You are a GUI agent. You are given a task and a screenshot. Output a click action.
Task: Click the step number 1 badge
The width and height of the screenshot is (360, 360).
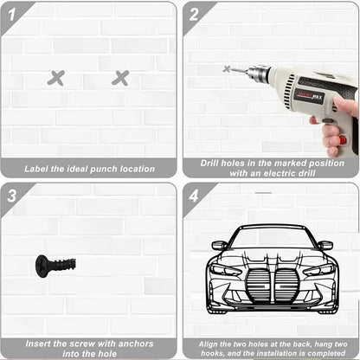tap(12, 14)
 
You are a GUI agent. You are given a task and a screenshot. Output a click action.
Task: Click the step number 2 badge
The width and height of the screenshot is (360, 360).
tap(194, 14)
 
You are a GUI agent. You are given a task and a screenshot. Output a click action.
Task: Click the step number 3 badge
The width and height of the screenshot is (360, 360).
tap(12, 195)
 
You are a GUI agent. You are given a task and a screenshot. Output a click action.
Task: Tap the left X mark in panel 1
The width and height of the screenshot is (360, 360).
tap(56, 78)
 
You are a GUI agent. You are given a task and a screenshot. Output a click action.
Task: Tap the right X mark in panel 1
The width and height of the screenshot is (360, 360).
tap(120, 78)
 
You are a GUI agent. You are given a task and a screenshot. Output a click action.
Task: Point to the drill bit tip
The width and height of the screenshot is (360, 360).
tap(228, 68)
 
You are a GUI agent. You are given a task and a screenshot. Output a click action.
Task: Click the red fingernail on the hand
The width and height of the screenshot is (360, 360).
tap(342, 139)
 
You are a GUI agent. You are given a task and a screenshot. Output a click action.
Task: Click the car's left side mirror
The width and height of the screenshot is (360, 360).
tap(220, 245)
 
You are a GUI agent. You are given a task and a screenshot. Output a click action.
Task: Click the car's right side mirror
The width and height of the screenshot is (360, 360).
tap(325, 245)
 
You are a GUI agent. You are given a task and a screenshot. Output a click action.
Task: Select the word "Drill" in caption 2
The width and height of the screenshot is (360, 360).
tap(214, 162)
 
